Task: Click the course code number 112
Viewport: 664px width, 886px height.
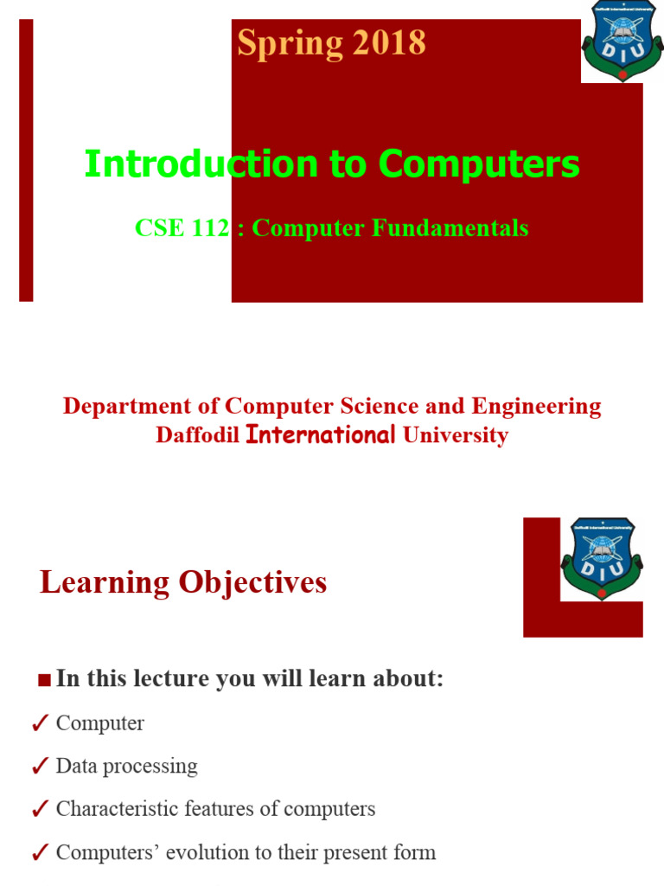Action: (x=212, y=228)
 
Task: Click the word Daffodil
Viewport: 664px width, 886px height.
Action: (x=197, y=435)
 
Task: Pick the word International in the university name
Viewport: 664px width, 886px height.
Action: (x=322, y=435)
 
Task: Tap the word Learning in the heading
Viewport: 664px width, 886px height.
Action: (x=105, y=583)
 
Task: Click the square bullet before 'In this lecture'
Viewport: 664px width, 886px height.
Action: (x=44, y=681)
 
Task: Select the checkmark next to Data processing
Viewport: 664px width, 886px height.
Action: (x=39, y=767)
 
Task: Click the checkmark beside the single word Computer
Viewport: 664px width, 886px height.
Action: (x=39, y=724)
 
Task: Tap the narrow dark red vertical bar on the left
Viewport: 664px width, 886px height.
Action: (x=26, y=160)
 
